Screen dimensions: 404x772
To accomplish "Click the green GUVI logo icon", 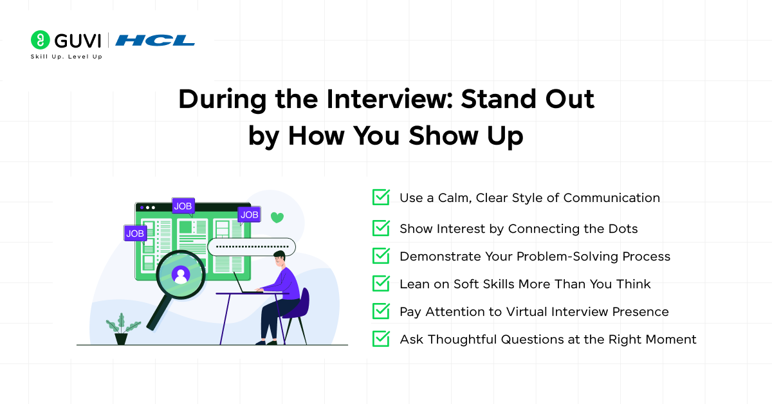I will (x=40, y=40).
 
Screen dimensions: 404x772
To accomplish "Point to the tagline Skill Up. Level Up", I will (x=66, y=57).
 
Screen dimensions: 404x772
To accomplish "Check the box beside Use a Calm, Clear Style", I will (x=381, y=197).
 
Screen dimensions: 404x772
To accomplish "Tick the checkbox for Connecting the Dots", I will (x=381, y=228).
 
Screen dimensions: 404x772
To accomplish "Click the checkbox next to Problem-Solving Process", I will (x=381, y=256).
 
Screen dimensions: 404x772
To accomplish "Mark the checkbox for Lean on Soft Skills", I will (x=381, y=284).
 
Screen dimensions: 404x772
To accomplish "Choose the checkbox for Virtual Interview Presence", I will (x=381, y=311).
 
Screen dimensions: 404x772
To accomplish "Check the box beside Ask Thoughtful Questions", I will (x=381, y=339).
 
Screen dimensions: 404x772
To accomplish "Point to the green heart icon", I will (x=277, y=217).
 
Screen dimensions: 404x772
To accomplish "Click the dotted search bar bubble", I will (x=252, y=246).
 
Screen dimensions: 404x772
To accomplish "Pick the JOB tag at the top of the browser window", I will (x=183, y=206).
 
